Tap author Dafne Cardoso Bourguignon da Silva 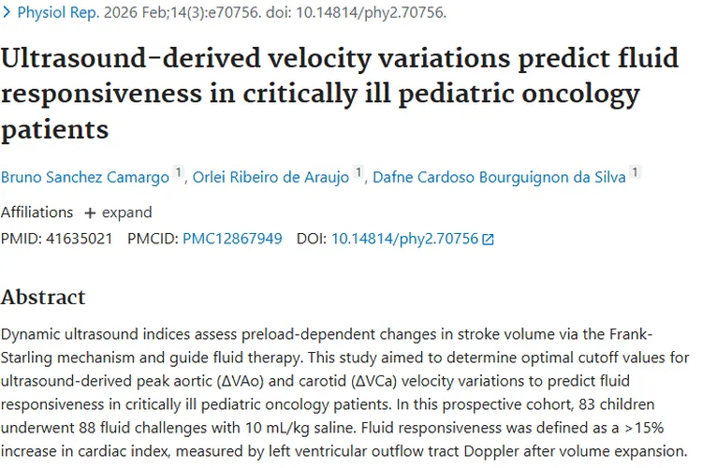click(x=499, y=177)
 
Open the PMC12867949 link click(x=232, y=239)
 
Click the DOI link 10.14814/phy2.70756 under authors click(x=404, y=239)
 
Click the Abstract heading click(x=43, y=298)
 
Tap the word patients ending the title click(x=55, y=128)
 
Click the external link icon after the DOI click(x=488, y=240)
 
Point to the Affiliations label click(x=37, y=212)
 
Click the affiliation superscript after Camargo click(x=178, y=172)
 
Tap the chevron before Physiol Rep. click(x=7, y=13)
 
